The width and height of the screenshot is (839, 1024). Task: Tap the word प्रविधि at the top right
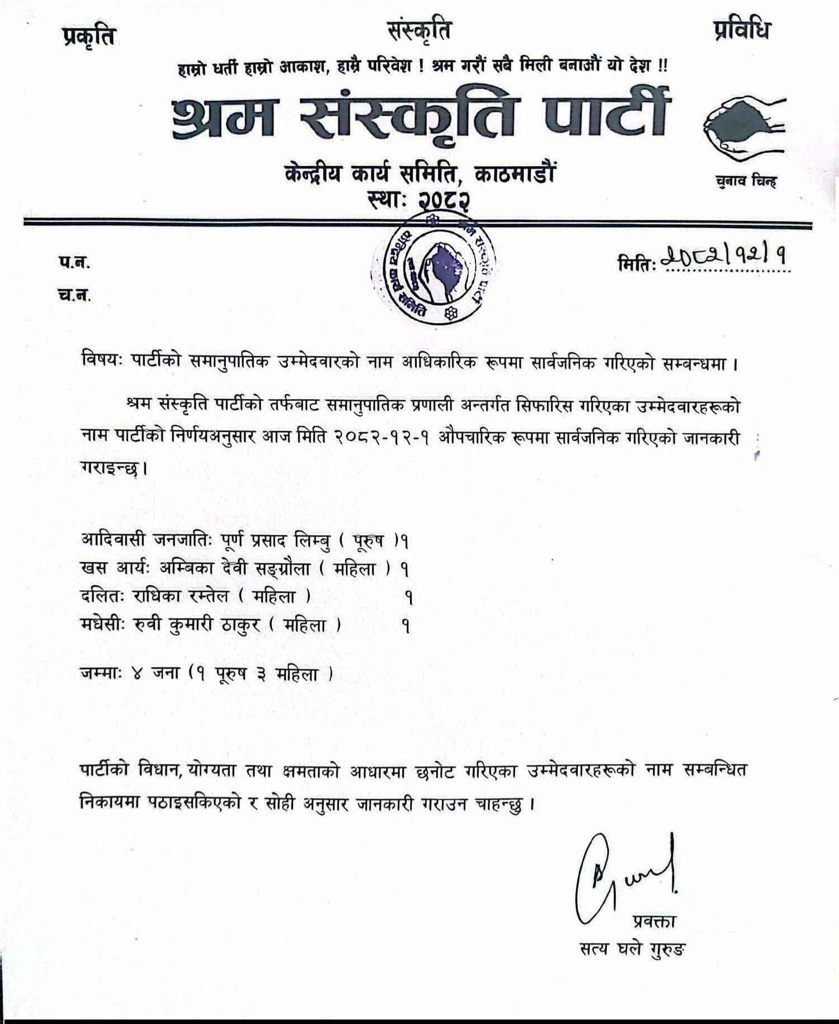[x=742, y=30]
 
